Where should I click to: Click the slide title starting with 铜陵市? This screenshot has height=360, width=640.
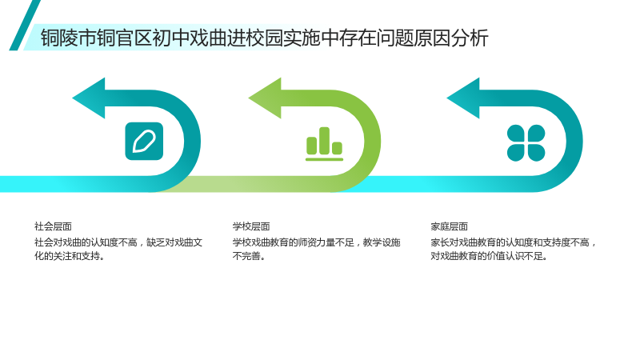click(265, 38)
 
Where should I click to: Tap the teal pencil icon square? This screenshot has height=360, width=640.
click(144, 142)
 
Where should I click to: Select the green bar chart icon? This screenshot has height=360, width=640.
click(325, 144)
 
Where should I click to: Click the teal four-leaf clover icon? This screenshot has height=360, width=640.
click(526, 143)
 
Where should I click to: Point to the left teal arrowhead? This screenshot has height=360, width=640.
click(89, 98)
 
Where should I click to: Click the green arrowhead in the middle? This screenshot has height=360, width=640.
click(266, 98)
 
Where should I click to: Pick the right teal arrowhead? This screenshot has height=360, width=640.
click(463, 98)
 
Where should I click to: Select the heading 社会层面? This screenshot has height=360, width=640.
click(53, 226)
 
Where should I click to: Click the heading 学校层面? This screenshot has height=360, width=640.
click(251, 226)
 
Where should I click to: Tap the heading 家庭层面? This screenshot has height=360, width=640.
click(449, 226)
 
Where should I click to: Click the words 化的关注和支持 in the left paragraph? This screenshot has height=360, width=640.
click(67, 256)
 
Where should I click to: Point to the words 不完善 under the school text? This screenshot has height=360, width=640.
click(246, 256)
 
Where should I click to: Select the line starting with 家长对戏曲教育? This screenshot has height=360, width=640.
click(513, 242)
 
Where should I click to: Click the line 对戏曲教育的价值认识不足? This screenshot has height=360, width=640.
click(489, 256)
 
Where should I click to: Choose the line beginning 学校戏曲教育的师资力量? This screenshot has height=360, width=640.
click(316, 242)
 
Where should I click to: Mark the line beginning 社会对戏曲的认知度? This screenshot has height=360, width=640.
click(118, 242)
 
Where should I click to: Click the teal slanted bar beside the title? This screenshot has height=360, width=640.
click(25, 26)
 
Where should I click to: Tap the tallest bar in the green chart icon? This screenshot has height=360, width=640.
click(325, 141)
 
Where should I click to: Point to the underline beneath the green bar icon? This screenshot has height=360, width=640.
click(325, 159)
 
